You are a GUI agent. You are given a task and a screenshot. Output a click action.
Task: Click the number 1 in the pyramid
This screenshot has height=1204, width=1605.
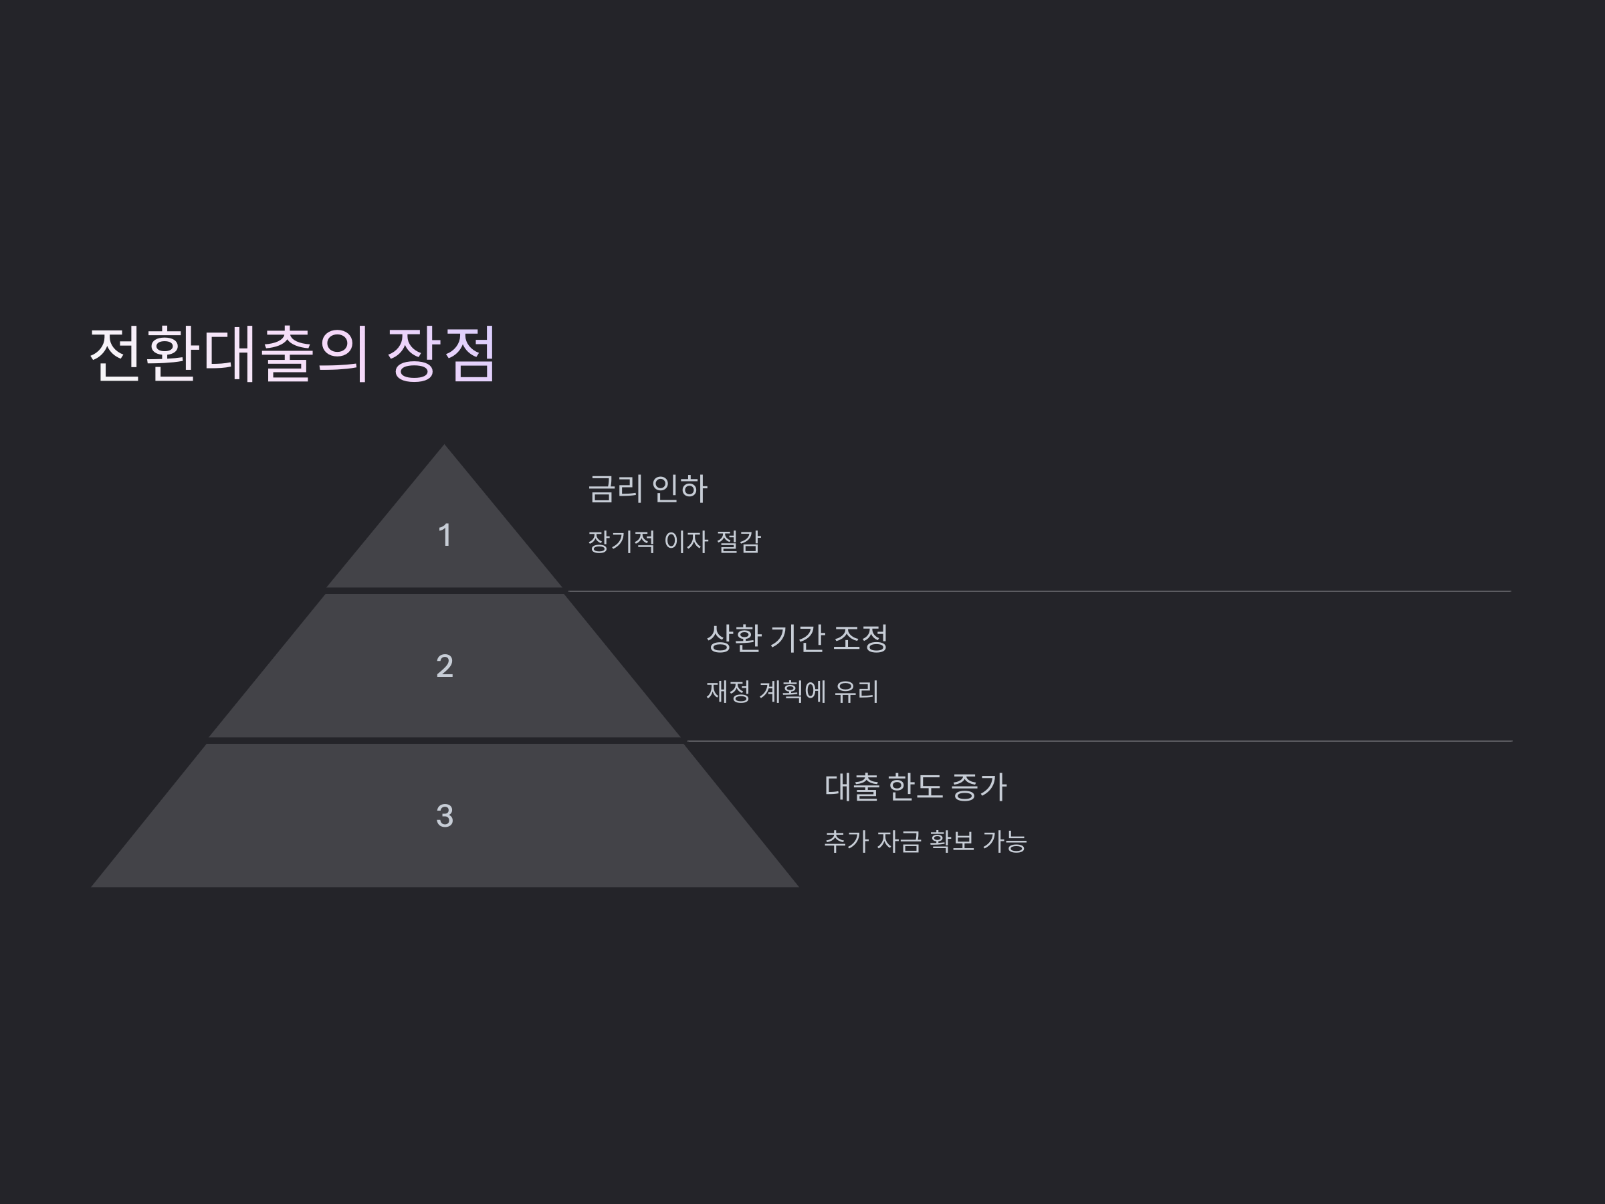tap(445, 536)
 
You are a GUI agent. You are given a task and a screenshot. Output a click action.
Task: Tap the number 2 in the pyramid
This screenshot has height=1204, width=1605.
tap(445, 666)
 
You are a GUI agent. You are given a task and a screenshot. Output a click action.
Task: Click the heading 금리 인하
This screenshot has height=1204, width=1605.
tap(647, 488)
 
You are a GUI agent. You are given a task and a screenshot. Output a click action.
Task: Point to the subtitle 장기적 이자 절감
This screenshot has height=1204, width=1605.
tap(674, 541)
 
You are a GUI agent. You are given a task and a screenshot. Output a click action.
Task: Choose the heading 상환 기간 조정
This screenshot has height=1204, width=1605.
tap(796, 638)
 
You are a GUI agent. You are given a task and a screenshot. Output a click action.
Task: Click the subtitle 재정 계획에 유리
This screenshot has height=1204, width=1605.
tap(792, 691)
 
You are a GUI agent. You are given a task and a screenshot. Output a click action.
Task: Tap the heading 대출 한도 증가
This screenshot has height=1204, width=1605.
tap(916, 787)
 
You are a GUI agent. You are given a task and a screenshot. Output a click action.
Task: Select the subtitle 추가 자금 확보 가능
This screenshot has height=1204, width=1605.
tap(925, 841)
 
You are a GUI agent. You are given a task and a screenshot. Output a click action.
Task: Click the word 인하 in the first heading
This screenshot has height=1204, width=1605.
tap(680, 488)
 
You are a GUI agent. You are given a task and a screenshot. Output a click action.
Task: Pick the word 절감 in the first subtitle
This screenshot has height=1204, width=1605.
tap(738, 541)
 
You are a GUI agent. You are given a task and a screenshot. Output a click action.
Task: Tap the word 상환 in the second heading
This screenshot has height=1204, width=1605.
tap(734, 638)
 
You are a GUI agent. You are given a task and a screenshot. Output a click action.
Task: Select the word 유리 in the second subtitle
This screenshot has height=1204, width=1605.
tap(856, 691)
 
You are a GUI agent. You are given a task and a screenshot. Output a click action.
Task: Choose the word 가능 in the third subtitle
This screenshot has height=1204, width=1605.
tap(1004, 841)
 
